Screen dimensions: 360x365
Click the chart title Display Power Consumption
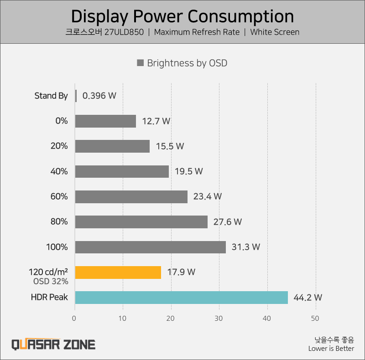(182, 16)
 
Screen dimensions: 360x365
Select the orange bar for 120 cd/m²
(118, 272)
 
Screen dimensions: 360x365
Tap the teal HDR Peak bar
(181, 298)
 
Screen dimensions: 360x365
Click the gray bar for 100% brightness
(150, 247)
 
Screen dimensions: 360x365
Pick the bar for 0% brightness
(105, 121)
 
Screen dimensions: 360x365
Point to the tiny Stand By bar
(76, 96)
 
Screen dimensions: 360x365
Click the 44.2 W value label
(308, 298)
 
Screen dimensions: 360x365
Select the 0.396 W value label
(99, 96)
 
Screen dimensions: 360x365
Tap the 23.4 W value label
(208, 196)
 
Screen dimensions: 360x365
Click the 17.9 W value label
(181, 272)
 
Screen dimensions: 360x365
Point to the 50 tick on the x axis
(315, 319)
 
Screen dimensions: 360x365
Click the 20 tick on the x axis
(171, 319)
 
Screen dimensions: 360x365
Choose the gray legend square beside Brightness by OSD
(141, 63)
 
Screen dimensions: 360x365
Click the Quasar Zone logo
(53, 344)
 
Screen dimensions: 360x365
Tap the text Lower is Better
(331, 349)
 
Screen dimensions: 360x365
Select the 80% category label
(59, 222)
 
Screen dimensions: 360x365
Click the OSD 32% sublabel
(51, 281)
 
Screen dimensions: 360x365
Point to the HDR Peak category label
(49, 297)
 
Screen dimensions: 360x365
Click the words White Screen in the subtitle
(275, 32)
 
